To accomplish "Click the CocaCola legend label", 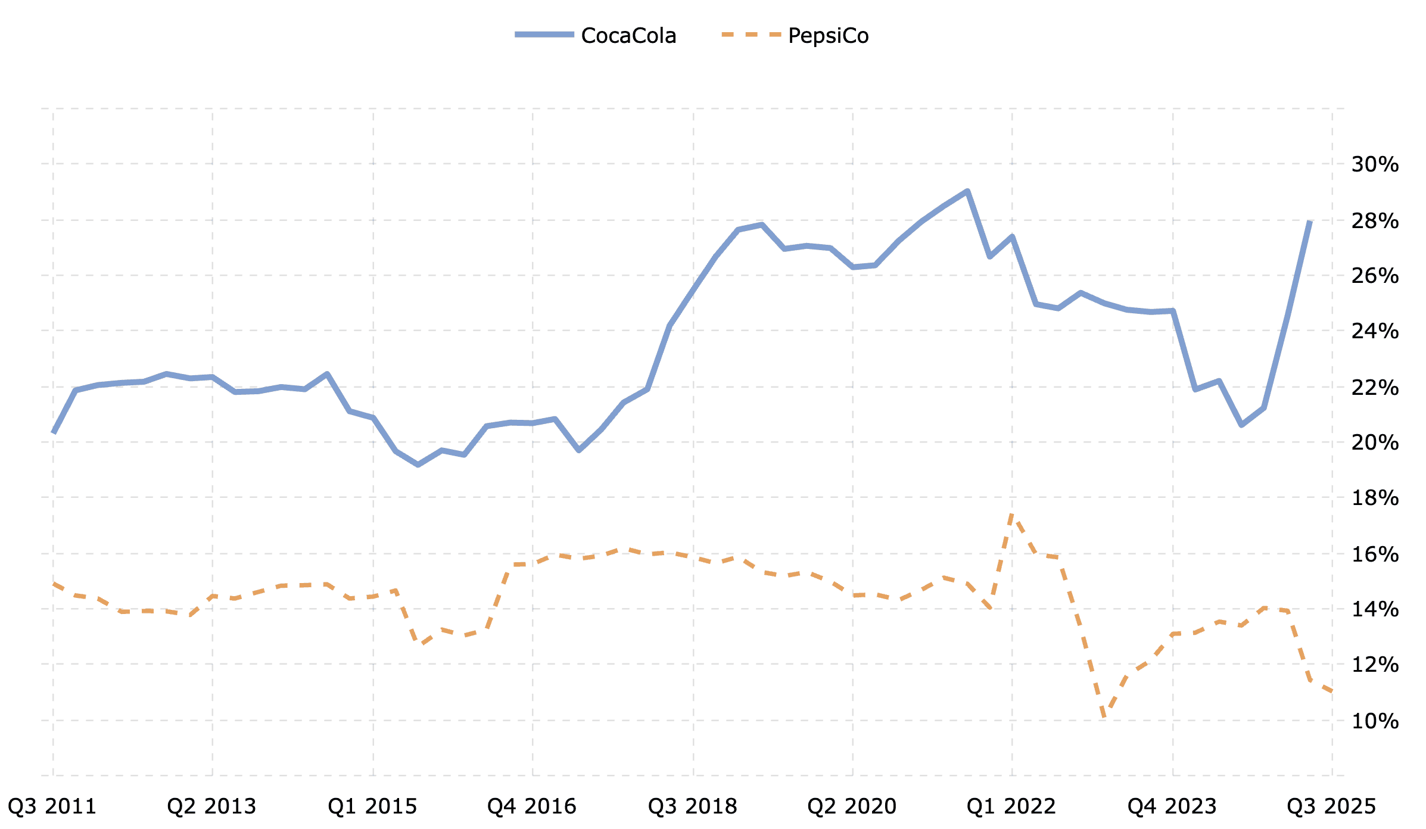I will tap(628, 36).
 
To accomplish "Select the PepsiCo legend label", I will tap(828, 36).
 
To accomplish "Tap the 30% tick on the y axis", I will tap(1375, 164).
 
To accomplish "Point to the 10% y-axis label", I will tap(1375, 721).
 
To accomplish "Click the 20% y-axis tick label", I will tap(1375, 442).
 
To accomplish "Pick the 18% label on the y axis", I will tap(1375, 498).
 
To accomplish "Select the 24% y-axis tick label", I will tap(1375, 331).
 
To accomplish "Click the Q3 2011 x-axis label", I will tap(52, 806).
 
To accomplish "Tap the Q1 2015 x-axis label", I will tap(373, 806).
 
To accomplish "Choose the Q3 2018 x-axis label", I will tap(693, 806).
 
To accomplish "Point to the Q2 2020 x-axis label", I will tap(852, 806).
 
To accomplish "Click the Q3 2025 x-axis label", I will tap(1331, 806).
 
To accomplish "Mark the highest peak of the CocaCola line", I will tap(967, 191).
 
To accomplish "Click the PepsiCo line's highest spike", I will tap(1012, 514).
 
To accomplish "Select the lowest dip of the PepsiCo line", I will tap(1104, 716).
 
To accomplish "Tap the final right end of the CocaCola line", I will tap(1310, 221).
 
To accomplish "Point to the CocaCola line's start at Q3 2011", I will tap(53, 433).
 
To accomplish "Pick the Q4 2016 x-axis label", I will tap(532, 806).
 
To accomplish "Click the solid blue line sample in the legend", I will tap(544, 35).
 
